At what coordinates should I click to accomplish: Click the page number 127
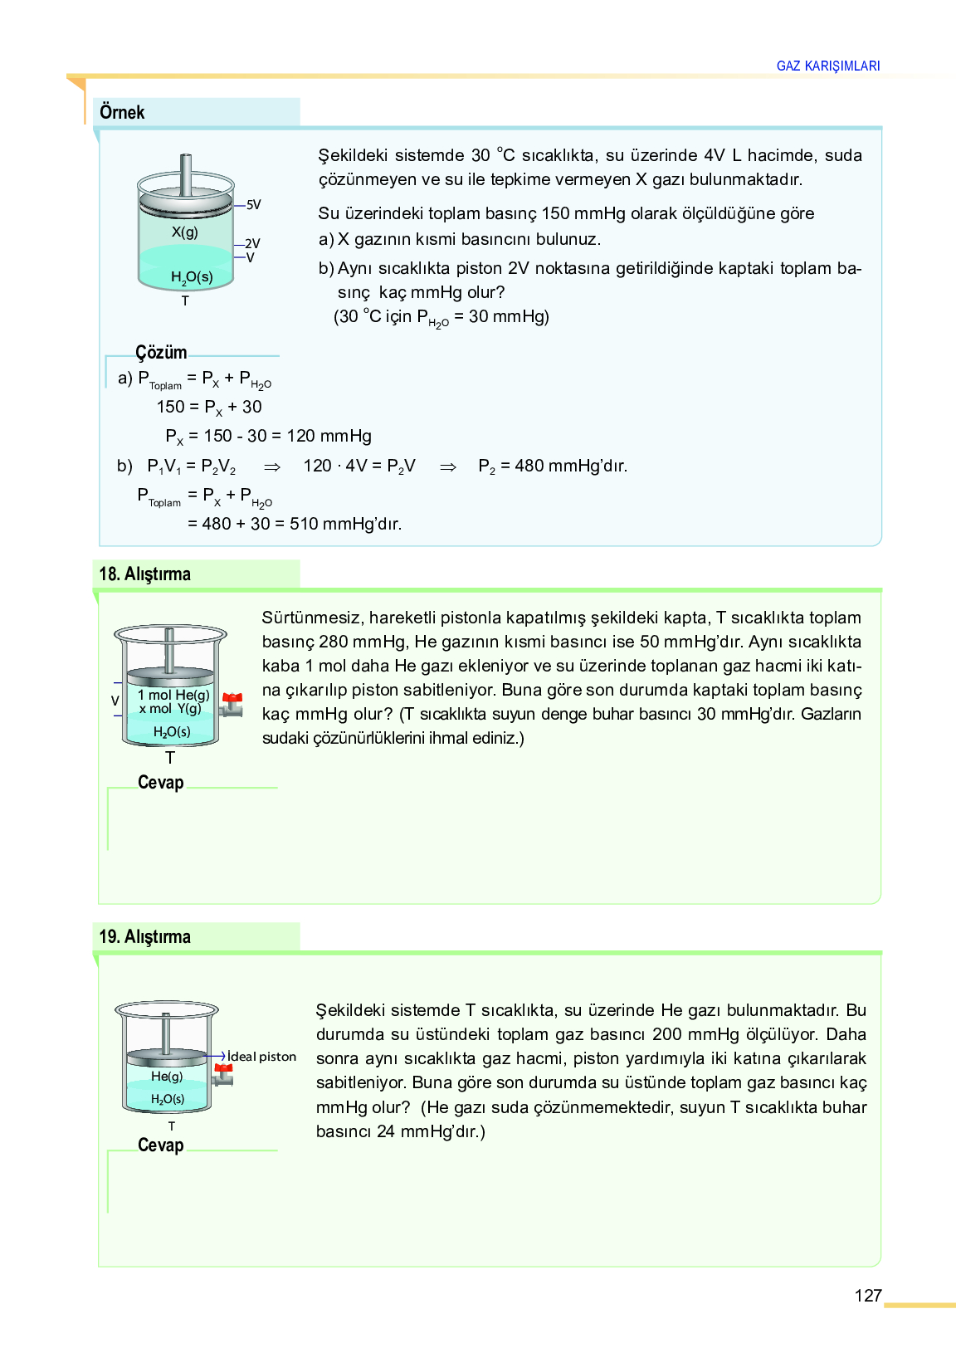pyautogui.click(x=867, y=1296)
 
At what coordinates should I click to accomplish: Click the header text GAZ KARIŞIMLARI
pyautogui.click(x=827, y=66)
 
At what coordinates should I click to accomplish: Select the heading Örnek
pyautogui.click(x=122, y=113)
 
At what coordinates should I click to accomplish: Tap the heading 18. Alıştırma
pyautogui.click(x=144, y=574)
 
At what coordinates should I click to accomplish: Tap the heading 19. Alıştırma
pyautogui.click(x=144, y=937)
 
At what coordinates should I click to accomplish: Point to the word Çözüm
pyautogui.click(x=161, y=353)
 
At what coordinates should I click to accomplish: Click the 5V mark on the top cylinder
pyautogui.click(x=253, y=205)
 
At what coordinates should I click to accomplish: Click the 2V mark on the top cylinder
pyautogui.click(x=252, y=244)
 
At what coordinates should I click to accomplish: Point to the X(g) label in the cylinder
pyautogui.click(x=185, y=232)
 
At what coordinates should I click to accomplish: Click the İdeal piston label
pyautogui.click(x=261, y=1057)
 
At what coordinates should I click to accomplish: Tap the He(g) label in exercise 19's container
pyautogui.click(x=167, y=1077)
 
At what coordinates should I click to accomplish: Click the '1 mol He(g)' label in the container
pyautogui.click(x=173, y=695)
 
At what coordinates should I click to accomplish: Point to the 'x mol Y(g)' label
pyautogui.click(x=170, y=709)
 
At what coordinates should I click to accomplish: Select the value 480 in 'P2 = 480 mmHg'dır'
pyautogui.click(x=529, y=466)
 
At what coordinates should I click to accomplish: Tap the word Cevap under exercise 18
pyautogui.click(x=160, y=783)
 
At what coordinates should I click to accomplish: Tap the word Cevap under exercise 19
pyautogui.click(x=160, y=1145)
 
